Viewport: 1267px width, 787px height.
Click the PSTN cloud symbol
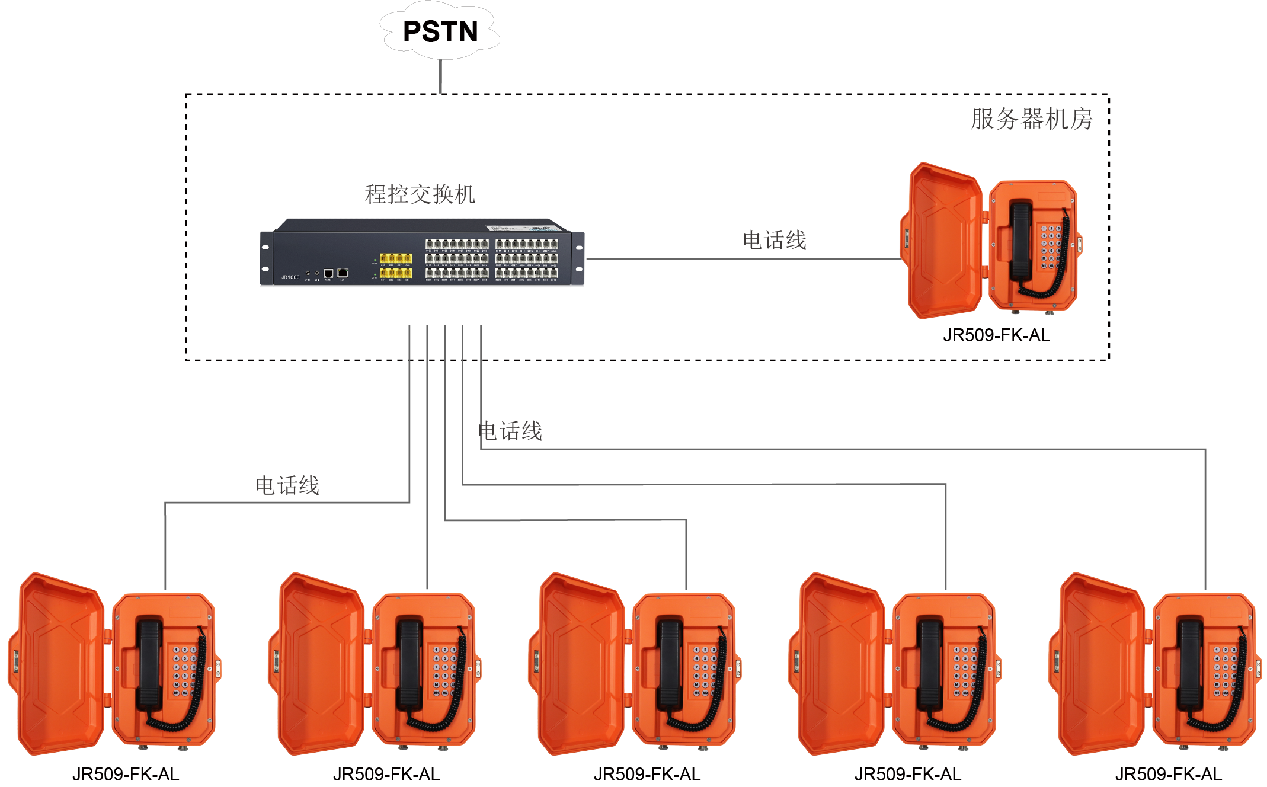pyautogui.click(x=440, y=31)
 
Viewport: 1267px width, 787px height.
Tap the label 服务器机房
pyautogui.click(x=1031, y=119)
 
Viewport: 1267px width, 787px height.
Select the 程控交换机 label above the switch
pyautogui.click(x=420, y=194)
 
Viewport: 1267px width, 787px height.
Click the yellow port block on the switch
pyautogui.click(x=396, y=265)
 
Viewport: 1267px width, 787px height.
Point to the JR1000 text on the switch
pyautogui.click(x=290, y=277)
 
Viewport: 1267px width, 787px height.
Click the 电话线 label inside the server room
pyautogui.click(x=774, y=241)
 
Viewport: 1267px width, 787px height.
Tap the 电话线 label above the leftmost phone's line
pyautogui.click(x=287, y=485)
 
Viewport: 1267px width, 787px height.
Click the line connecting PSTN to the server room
pyautogui.click(x=440, y=76)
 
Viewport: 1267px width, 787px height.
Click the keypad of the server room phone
pyautogui.click(x=1051, y=247)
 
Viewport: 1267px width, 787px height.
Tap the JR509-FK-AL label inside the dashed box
pyautogui.click(x=996, y=335)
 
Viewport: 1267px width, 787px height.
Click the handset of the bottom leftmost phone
pyautogui.click(x=149, y=664)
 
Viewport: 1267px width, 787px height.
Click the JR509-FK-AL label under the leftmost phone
pyautogui.click(x=126, y=774)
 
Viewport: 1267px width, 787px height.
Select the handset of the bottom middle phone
pyautogui.click(x=670, y=664)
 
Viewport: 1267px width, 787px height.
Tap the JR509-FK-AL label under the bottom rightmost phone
pyautogui.click(x=1168, y=774)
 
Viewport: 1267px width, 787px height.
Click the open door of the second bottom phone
pyautogui.click(x=321, y=664)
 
